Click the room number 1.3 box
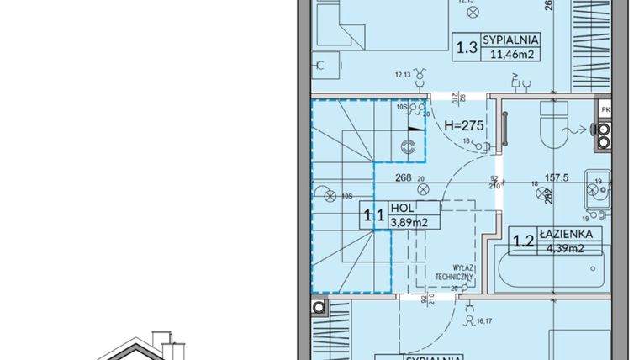(x=467, y=48)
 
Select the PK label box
(x=605, y=109)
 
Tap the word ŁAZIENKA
(x=572, y=233)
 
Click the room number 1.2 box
(x=524, y=241)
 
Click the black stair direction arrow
(x=414, y=130)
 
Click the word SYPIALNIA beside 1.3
(x=510, y=40)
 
